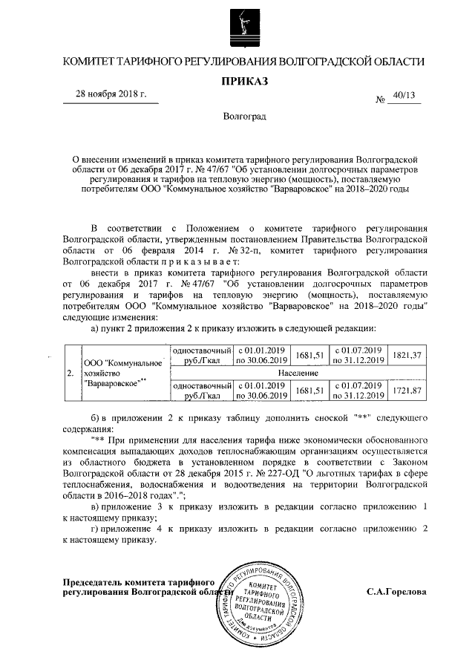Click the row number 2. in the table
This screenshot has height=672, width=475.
coord(71,373)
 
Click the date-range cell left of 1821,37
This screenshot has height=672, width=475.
coord(358,355)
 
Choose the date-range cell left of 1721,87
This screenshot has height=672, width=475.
coord(358,391)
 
